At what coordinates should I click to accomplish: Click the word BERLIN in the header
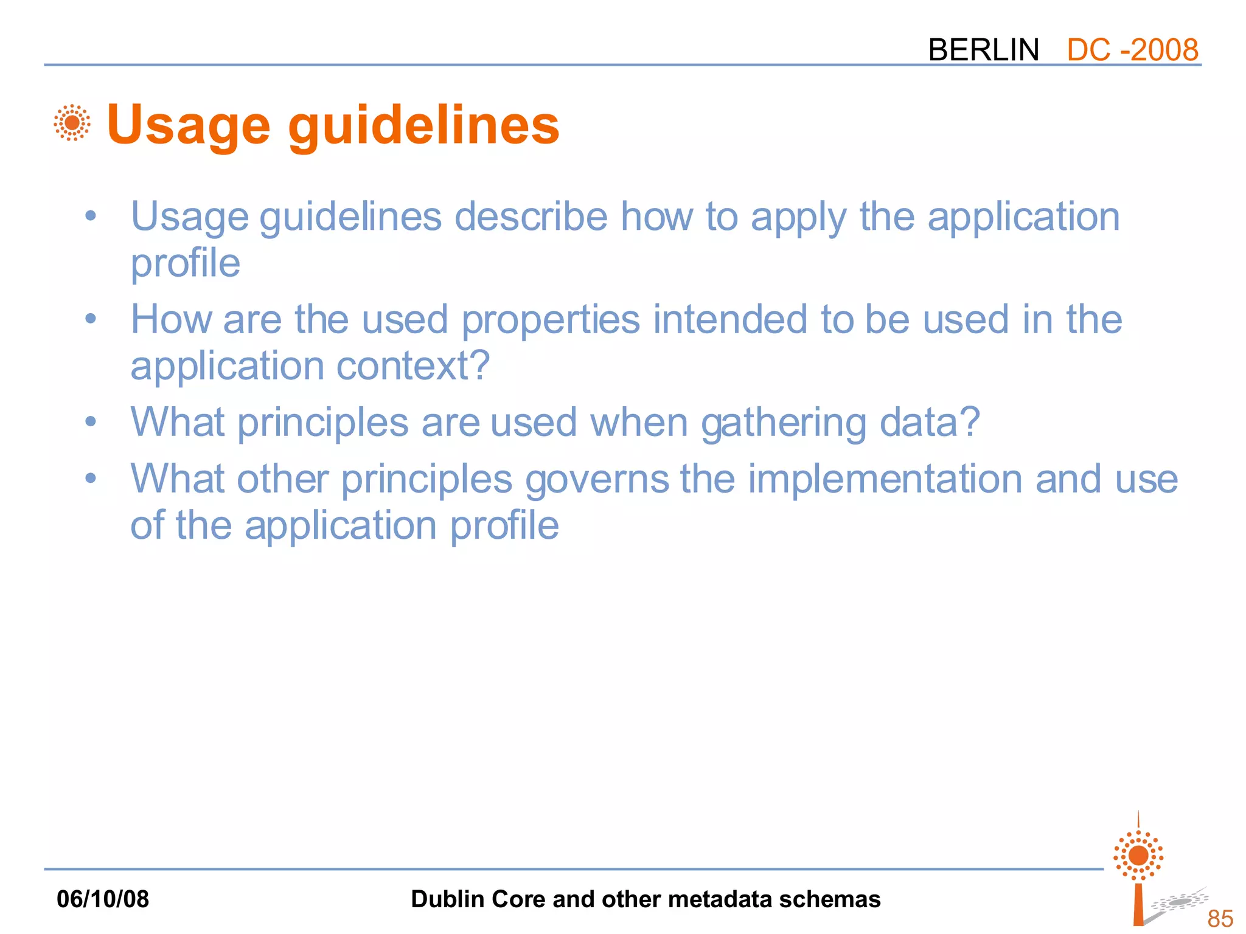pyautogui.click(x=983, y=50)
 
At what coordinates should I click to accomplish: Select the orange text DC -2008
pyautogui.click(x=1132, y=50)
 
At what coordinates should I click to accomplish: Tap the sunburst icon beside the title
pyautogui.click(x=72, y=123)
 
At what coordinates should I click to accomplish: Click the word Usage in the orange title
pyautogui.click(x=188, y=125)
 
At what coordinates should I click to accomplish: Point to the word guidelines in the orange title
pyautogui.click(x=423, y=125)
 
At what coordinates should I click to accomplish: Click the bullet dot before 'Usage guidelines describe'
pyautogui.click(x=91, y=215)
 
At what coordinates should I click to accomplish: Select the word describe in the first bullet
pyautogui.click(x=531, y=216)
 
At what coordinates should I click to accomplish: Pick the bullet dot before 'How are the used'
pyautogui.click(x=91, y=318)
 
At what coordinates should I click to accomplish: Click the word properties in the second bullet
pyautogui.click(x=551, y=320)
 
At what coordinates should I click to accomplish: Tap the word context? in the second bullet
pyautogui.click(x=413, y=366)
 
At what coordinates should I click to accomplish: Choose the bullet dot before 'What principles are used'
pyautogui.click(x=91, y=421)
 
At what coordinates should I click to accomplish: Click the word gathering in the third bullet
pyautogui.click(x=784, y=423)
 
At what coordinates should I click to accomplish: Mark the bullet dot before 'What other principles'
pyautogui.click(x=91, y=478)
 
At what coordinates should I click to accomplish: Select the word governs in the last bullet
pyautogui.click(x=597, y=480)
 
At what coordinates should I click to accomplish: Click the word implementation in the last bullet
pyautogui.click(x=885, y=479)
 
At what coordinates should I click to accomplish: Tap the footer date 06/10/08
pyautogui.click(x=103, y=899)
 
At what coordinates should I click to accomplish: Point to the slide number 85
pyautogui.click(x=1220, y=918)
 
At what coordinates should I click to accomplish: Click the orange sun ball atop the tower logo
pyautogui.click(x=1138, y=856)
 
